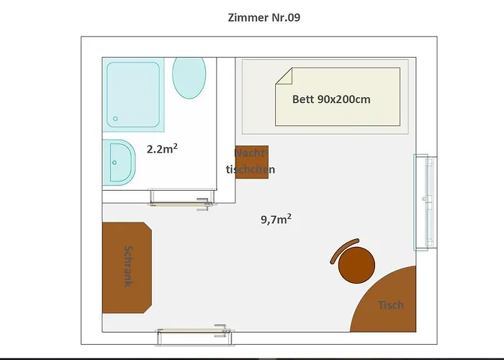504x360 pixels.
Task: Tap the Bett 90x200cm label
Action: tap(331, 99)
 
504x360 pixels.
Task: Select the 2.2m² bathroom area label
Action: tap(162, 149)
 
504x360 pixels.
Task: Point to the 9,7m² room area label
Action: tap(276, 219)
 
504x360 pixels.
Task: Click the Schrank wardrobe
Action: tap(127, 268)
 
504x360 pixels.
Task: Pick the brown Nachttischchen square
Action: tap(252, 162)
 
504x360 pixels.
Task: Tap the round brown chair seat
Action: tap(356, 264)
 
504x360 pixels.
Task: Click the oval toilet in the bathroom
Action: tap(189, 76)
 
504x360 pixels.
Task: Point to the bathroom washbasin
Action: tap(118, 161)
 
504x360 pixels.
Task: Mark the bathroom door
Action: tap(182, 196)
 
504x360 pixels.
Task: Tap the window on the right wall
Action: tap(425, 202)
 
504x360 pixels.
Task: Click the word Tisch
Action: tap(391, 305)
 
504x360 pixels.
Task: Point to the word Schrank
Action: tap(128, 267)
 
